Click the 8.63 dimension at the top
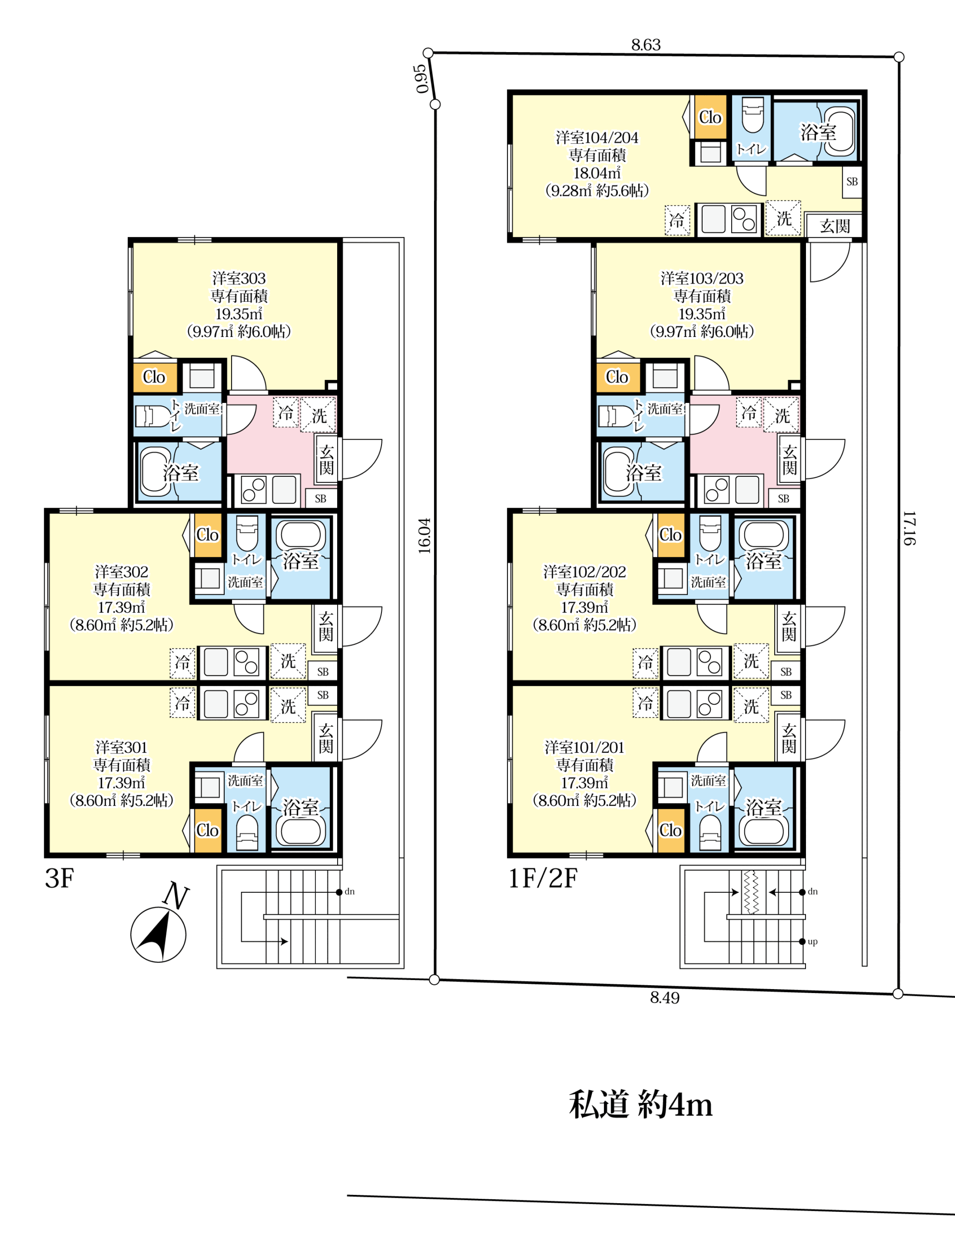coord(646,45)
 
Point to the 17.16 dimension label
coord(909,528)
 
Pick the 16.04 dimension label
coord(424,536)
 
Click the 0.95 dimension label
coord(421,79)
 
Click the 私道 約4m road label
coord(641,1105)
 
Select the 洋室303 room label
coord(239,279)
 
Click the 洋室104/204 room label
coord(597,138)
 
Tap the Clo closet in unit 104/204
coord(710,117)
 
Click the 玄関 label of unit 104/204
coord(834,226)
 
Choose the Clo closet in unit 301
coord(207,830)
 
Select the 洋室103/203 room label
coord(702,279)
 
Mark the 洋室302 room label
coord(122,572)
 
